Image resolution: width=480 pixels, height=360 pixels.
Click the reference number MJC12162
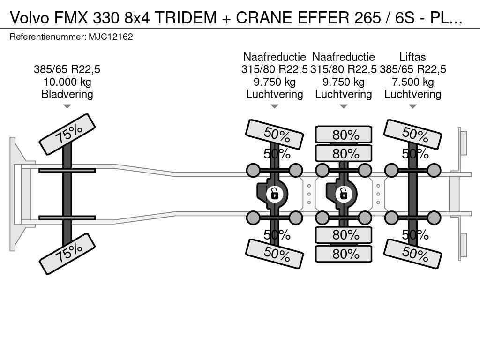click(111, 37)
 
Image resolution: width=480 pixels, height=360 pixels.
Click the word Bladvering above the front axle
click(67, 94)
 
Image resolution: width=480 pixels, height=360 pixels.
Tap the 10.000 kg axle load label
click(67, 82)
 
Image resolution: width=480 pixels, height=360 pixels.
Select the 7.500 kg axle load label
click(412, 82)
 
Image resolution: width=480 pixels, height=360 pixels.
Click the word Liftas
click(412, 57)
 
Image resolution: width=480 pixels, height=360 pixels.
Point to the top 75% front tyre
click(67, 134)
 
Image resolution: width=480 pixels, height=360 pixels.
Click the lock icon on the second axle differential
click(274, 193)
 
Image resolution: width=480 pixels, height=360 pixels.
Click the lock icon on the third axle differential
click(343, 193)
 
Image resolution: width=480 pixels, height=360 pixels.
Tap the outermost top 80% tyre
click(344, 135)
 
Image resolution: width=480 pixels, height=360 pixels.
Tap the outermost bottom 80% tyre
click(344, 254)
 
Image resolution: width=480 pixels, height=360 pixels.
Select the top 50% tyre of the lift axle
click(413, 135)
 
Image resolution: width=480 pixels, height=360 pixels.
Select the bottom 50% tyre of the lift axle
click(413, 254)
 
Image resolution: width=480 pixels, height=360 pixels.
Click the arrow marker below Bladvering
click(67, 107)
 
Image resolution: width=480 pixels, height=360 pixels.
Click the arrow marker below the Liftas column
click(412, 107)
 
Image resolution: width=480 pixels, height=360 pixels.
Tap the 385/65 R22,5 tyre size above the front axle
click(67, 70)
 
